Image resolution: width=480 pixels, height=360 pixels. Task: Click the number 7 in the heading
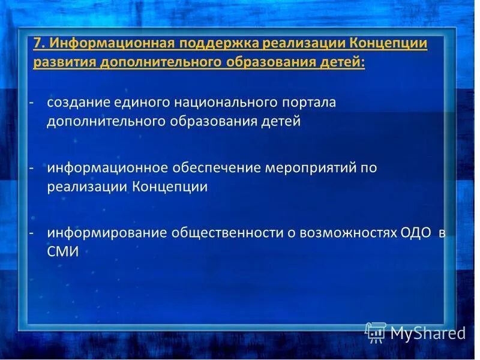[37, 43]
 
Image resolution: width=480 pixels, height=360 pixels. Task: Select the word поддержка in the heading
[214, 43]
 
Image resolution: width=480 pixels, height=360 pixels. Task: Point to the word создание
[79, 102]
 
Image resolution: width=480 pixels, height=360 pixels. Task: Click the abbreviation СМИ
[63, 252]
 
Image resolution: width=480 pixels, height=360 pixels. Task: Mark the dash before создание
[31, 102]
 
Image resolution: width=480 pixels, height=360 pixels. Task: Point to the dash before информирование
[31, 233]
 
